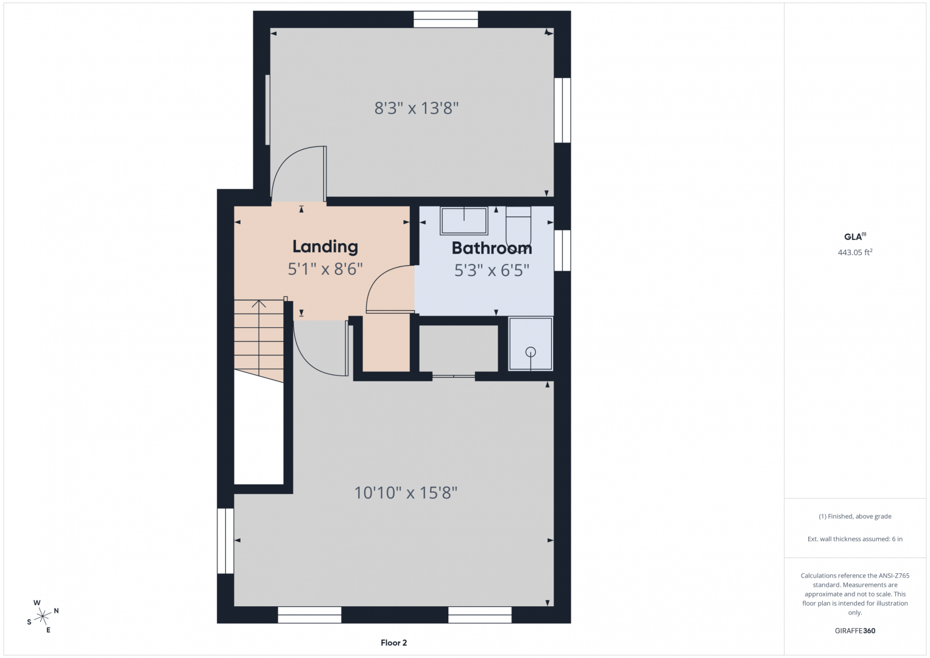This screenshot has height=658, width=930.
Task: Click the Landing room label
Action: point(325,247)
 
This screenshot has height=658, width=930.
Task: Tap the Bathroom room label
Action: point(491,248)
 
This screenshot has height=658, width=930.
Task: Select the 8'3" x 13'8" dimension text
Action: point(417,108)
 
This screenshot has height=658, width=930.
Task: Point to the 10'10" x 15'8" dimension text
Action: point(406,493)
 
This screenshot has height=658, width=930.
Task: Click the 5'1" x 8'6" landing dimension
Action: point(325,269)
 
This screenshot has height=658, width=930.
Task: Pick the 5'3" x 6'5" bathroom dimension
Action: point(491,271)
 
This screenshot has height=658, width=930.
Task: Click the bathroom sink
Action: point(463,221)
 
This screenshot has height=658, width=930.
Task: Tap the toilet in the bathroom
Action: point(518,227)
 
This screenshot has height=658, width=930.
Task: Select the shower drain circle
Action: point(530,352)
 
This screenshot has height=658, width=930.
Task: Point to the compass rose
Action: point(43,616)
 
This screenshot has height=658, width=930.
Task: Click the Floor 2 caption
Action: point(393,643)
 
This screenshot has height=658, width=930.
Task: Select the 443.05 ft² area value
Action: point(855,252)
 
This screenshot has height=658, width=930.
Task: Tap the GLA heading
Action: point(855,237)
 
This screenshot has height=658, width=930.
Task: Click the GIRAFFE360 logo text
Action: point(855,631)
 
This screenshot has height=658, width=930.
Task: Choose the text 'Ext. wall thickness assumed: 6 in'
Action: point(855,539)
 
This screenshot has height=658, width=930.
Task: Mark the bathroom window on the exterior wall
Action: point(562,250)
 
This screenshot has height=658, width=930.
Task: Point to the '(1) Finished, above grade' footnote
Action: point(855,517)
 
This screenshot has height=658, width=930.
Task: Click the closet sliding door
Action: point(453,376)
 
